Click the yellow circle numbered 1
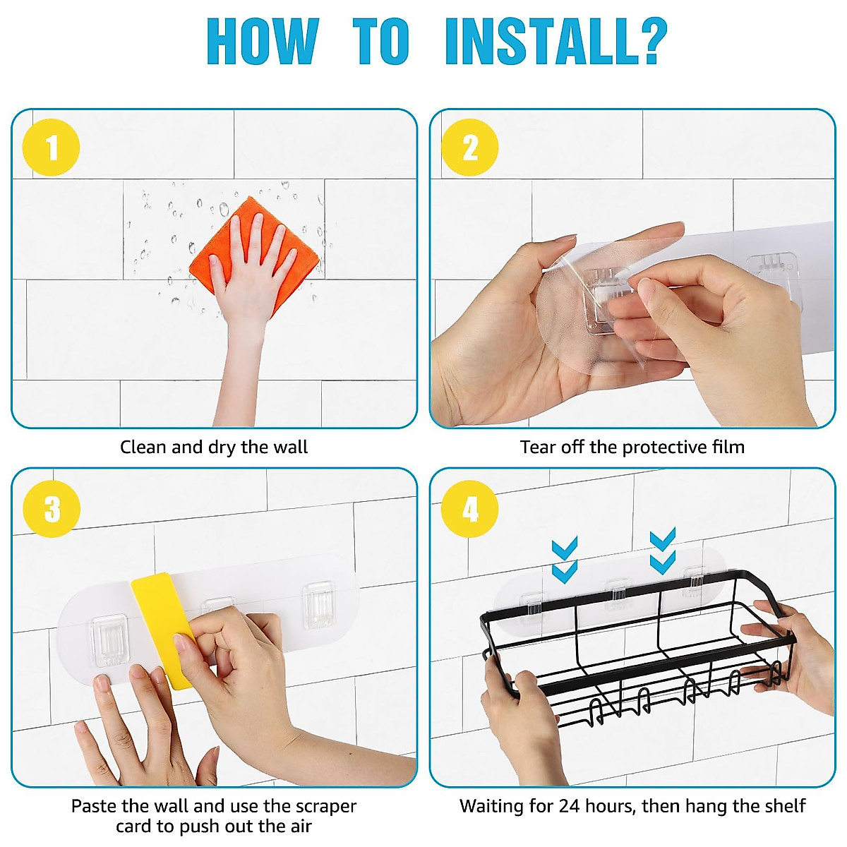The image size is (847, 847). [x=51, y=148]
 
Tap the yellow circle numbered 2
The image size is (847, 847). [x=470, y=148]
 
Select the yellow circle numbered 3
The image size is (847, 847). [x=52, y=509]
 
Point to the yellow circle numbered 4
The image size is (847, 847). [x=470, y=509]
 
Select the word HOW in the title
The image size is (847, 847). [x=263, y=42]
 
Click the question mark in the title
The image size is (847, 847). [x=652, y=42]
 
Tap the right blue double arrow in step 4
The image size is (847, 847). [x=662, y=552]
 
